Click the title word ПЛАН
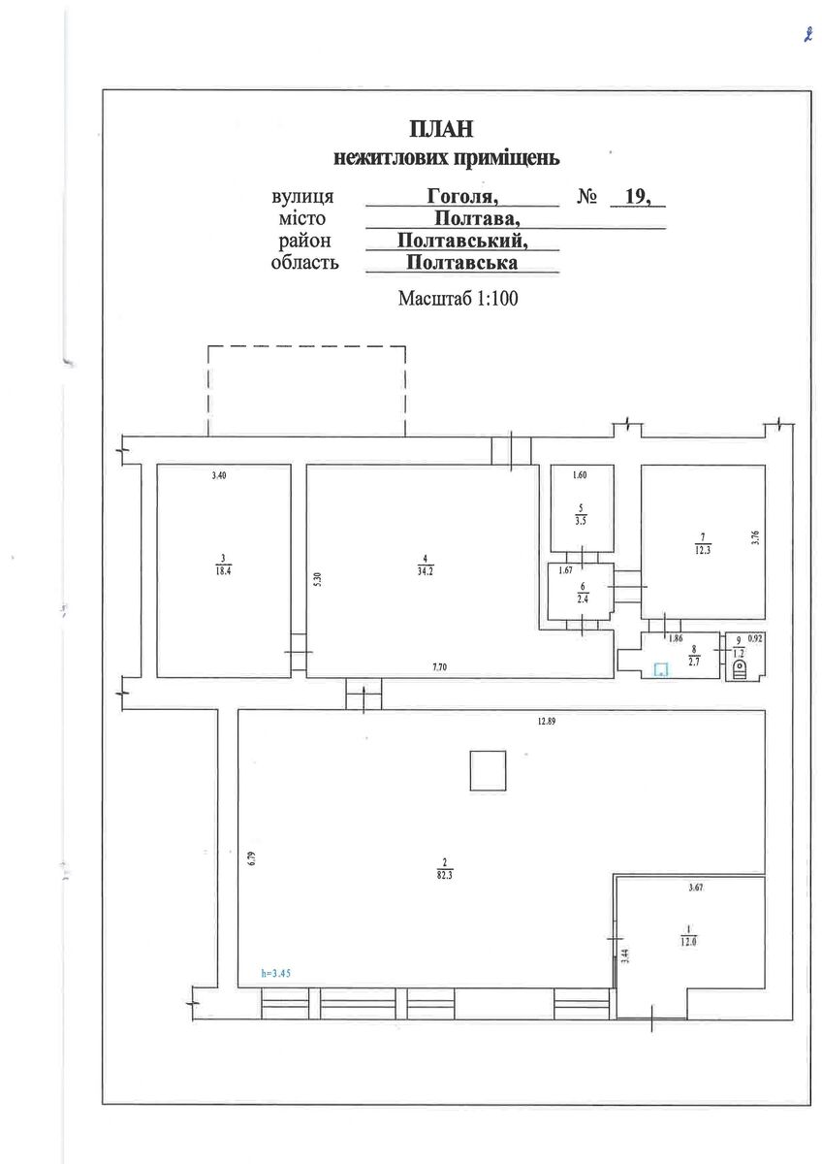click(441, 129)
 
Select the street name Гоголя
click(462, 196)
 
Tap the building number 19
click(638, 196)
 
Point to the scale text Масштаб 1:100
click(458, 299)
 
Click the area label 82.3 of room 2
click(445, 875)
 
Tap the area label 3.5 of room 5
click(581, 521)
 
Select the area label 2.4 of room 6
click(583, 599)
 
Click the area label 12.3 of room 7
click(703, 550)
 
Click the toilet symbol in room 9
click(739, 668)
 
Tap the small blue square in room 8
click(661, 669)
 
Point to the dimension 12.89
click(547, 721)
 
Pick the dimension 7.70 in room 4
click(439, 667)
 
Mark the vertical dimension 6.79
click(252, 857)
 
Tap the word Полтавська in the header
click(461, 262)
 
